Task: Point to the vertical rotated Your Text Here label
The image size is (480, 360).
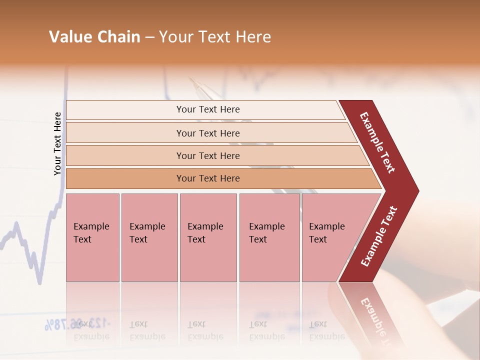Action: tap(57, 144)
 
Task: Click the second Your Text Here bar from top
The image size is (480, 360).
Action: tap(208, 133)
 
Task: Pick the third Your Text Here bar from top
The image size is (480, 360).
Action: tap(208, 155)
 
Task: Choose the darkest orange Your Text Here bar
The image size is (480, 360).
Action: tap(208, 178)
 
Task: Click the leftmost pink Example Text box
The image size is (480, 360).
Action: tap(92, 237)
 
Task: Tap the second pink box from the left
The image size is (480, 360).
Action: tap(149, 237)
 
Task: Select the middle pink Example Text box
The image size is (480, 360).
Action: tap(208, 237)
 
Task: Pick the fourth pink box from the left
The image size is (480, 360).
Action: tap(269, 237)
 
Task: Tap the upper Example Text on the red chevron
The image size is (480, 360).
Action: tap(377, 142)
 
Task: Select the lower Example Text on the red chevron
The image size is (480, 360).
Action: tap(379, 236)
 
